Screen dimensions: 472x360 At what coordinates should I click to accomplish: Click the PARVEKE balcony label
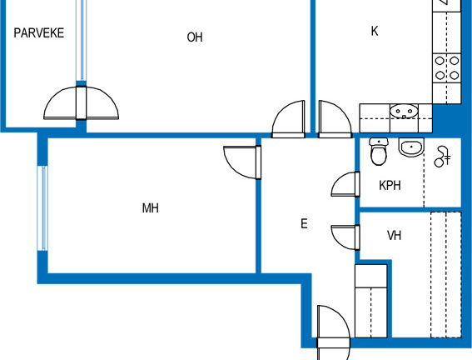[39, 32]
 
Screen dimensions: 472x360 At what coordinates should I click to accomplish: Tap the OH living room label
[195, 37]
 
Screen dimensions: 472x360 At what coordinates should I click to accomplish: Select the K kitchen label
[375, 31]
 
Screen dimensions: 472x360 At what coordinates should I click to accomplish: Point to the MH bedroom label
[150, 208]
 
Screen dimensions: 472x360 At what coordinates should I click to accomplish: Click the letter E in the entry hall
[304, 224]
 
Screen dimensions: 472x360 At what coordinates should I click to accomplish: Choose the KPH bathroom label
[390, 186]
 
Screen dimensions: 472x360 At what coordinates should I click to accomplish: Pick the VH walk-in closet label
[394, 235]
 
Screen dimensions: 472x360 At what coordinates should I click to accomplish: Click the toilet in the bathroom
[379, 152]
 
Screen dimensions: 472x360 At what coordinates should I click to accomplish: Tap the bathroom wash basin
[411, 147]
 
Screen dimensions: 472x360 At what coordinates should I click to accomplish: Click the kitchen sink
[404, 111]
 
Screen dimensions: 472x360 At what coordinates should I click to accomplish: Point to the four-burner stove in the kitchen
[447, 67]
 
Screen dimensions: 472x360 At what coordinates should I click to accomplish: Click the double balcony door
[81, 103]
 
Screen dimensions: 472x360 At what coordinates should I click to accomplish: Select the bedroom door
[242, 162]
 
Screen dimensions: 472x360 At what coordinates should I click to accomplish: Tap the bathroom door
[345, 184]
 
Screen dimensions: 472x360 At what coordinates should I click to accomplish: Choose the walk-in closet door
[345, 237]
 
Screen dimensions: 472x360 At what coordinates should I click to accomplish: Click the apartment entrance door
[334, 332]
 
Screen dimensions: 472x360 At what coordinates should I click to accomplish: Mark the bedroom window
[42, 208]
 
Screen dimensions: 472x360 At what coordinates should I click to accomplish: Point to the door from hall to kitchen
[335, 119]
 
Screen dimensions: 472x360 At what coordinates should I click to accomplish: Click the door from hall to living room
[288, 119]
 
